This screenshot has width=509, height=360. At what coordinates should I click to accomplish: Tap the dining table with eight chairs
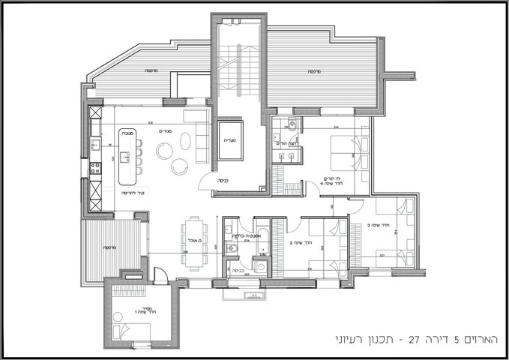[x=195, y=243]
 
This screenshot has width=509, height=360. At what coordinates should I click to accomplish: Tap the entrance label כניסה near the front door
[x=223, y=181]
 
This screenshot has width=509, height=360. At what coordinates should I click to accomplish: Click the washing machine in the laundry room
[x=262, y=265]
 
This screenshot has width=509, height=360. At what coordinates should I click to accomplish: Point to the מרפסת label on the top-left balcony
[x=150, y=70]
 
